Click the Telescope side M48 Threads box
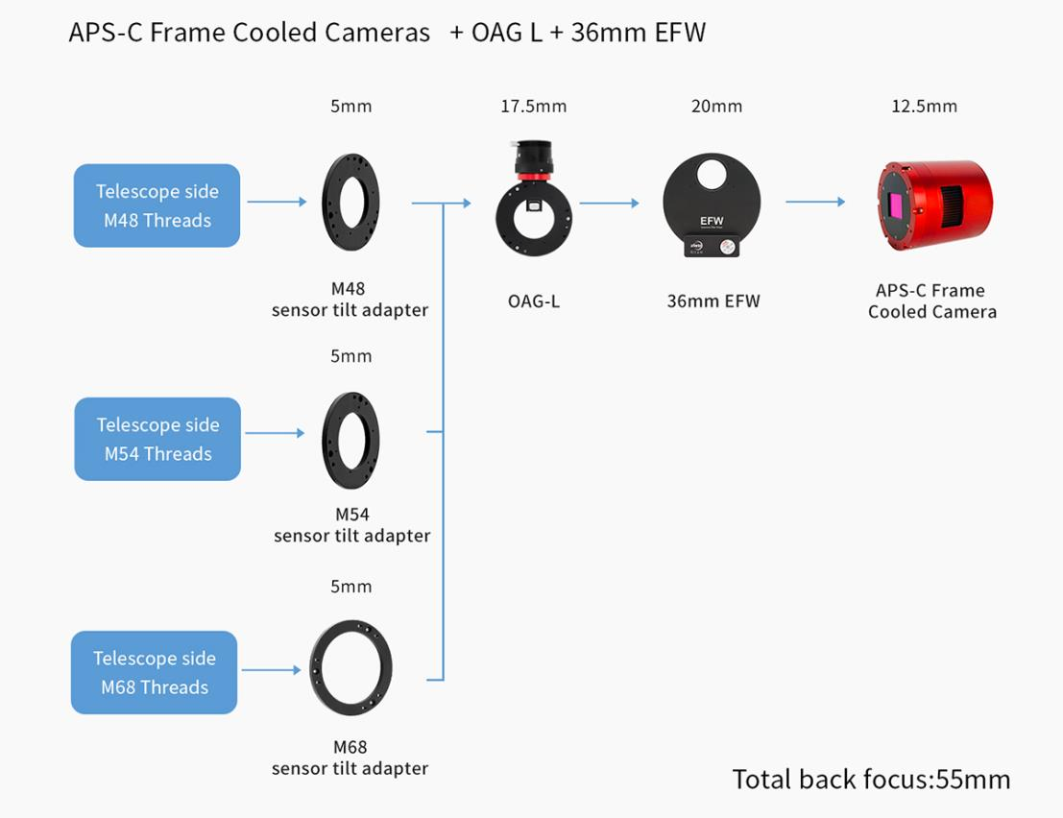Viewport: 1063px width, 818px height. [157, 205]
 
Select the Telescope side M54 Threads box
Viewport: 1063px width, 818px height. [157, 439]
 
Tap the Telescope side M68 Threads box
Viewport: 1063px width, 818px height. [154, 672]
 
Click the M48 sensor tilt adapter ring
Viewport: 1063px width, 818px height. [350, 202]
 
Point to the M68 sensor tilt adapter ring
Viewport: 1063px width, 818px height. [350, 667]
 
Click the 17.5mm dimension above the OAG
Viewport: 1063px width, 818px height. [533, 107]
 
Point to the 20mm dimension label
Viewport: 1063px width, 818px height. [716, 107]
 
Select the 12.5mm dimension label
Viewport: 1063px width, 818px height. [924, 107]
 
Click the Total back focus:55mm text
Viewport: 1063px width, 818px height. [871, 779]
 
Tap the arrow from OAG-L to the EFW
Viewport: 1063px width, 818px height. [609, 203]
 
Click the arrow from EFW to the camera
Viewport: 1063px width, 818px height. [815, 202]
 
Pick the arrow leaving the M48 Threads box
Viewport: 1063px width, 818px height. [277, 202]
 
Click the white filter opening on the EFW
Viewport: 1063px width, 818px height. [712, 174]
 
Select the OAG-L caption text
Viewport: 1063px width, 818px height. [533, 301]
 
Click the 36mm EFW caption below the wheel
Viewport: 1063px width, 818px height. [713, 301]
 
